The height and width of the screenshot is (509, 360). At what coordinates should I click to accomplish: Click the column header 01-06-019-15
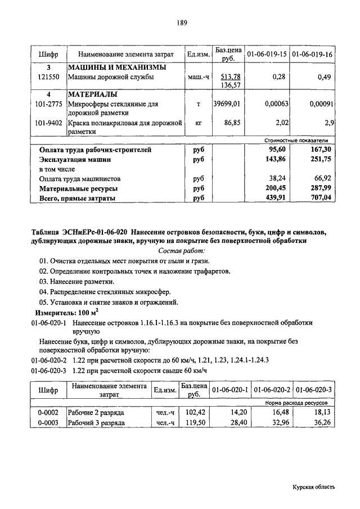coord(267,55)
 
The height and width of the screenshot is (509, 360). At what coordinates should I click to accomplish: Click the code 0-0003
coord(49,423)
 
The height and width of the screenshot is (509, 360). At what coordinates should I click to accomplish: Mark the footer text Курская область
coord(313,488)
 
